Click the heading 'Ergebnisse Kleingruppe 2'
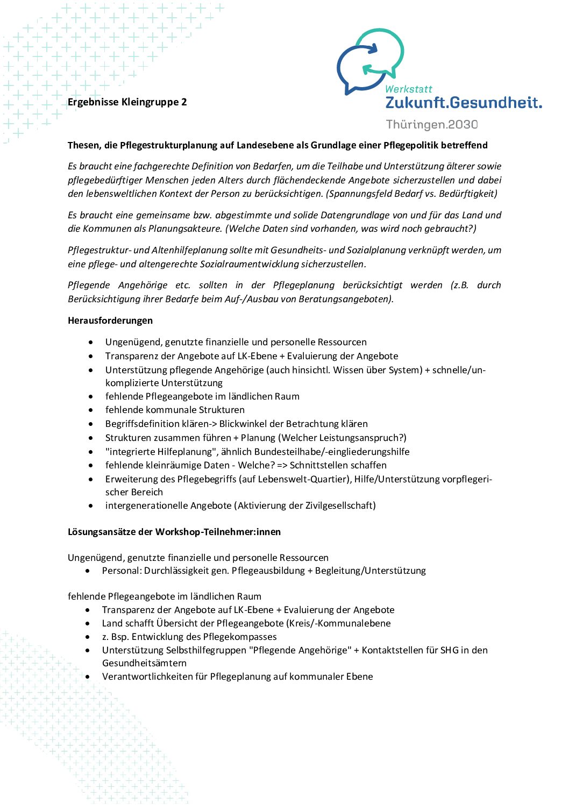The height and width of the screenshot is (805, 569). pos(127,102)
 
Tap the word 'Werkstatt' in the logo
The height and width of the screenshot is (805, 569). pos(409,89)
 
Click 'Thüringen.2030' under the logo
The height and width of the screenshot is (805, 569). pos(432,125)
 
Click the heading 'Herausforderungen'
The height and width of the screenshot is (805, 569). pos(110,320)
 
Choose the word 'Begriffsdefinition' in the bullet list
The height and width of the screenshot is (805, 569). pos(142,424)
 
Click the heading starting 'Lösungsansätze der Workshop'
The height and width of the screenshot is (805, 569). pos(174,532)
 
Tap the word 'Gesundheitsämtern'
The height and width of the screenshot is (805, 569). pos(144,663)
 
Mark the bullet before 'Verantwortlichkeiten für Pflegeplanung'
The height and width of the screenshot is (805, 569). pos(88,676)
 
